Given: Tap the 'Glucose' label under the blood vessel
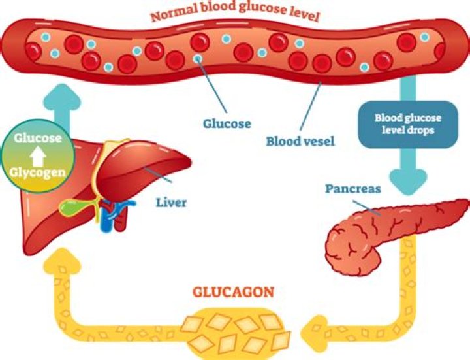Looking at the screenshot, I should click(x=227, y=122).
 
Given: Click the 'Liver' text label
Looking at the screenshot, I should click(x=171, y=202).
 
